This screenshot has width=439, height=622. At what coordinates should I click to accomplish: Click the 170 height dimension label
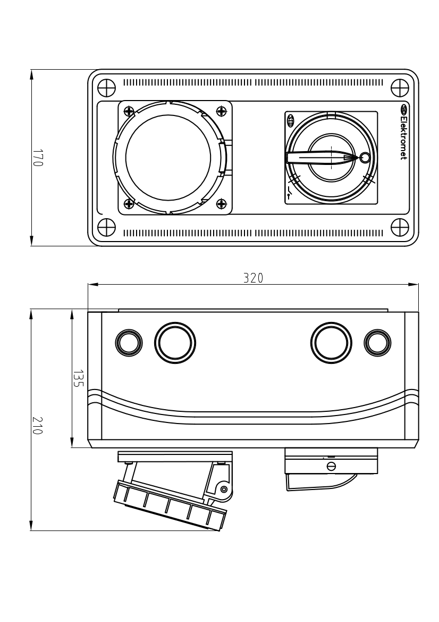(x=37, y=158)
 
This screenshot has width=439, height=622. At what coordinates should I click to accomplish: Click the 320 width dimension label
(x=253, y=278)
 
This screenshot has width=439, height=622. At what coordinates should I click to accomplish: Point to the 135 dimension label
(x=78, y=379)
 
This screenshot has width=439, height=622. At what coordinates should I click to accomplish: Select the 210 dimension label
(x=37, y=425)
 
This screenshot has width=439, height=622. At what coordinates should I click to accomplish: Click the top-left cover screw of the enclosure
(x=106, y=87)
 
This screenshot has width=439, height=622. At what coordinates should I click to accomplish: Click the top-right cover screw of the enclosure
(x=400, y=87)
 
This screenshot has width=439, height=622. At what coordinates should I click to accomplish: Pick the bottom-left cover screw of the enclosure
(x=106, y=228)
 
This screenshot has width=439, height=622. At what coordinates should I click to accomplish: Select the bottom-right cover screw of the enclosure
(x=400, y=228)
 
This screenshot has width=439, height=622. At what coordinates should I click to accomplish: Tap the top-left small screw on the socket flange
(x=129, y=111)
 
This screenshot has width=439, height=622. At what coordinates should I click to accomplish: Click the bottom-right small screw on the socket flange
(x=221, y=204)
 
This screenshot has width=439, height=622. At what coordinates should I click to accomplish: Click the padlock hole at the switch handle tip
(x=365, y=158)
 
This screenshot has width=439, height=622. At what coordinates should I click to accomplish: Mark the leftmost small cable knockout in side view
(x=129, y=342)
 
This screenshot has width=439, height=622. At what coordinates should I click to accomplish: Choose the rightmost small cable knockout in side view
(x=377, y=342)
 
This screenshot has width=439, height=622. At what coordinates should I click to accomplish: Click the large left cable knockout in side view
(x=175, y=342)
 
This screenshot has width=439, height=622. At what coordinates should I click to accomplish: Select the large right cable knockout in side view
(x=331, y=342)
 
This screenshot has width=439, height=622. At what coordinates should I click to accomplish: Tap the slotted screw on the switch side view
(x=331, y=466)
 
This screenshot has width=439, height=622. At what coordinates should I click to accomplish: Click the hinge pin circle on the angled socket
(x=224, y=488)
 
